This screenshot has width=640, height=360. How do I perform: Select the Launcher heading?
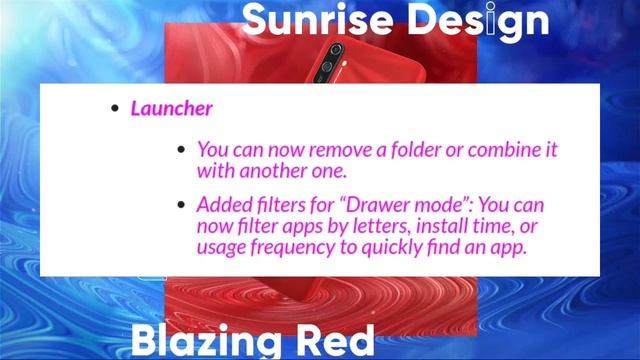[x=171, y=108]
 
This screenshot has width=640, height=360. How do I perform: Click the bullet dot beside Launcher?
[x=116, y=109]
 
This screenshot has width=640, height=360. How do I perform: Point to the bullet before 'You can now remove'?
[x=181, y=149]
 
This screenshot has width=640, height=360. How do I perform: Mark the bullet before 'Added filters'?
[x=181, y=205]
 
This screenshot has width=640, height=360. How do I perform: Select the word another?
[x=273, y=170]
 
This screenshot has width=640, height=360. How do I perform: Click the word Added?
[x=224, y=205]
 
